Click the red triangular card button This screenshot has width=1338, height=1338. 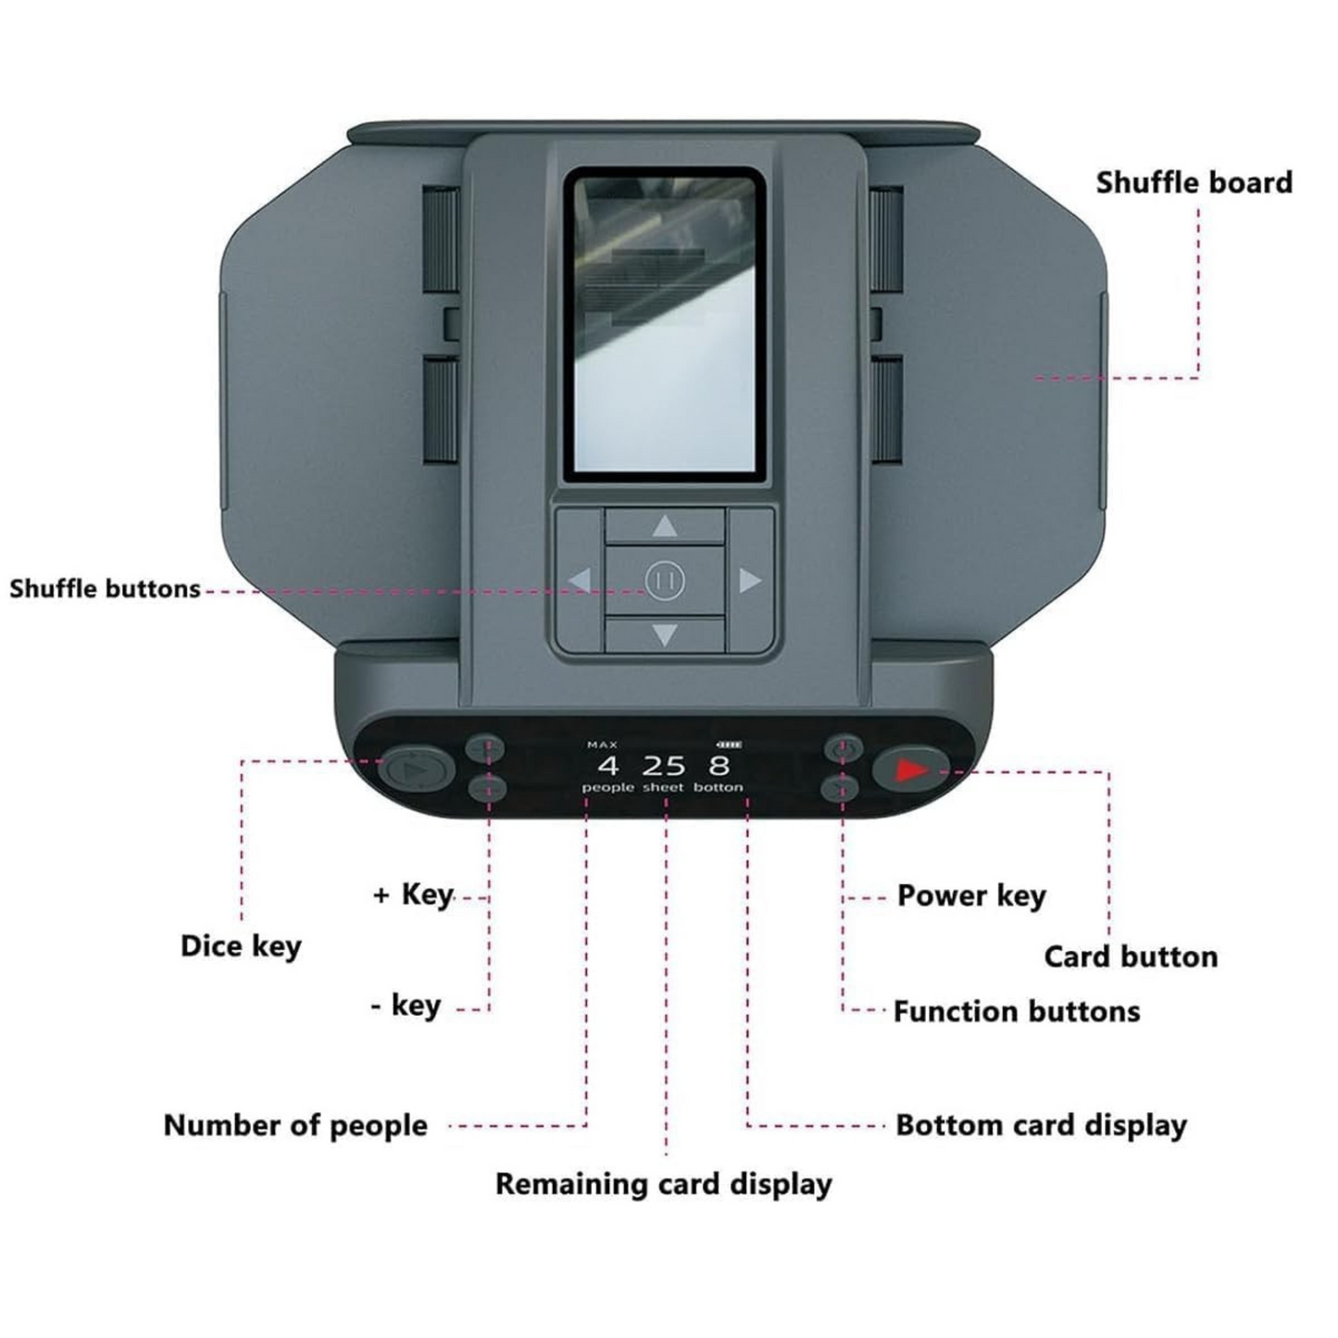tap(911, 769)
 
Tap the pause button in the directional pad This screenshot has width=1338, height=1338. tap(665, 581)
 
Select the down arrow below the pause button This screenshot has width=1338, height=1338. tap(665, 635)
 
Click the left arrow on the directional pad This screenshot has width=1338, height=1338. tap(580, 581)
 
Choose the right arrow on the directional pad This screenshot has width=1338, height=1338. tap(749, 581)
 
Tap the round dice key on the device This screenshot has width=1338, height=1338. tap(416, 769)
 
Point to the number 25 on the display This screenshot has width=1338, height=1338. tap(664, 766)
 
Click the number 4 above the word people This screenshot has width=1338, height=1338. tap(607, 766)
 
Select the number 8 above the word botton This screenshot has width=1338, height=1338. tap(719, 766)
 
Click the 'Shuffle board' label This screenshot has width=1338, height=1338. tap(1194, 182)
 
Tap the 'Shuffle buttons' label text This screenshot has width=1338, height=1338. tap(105, 589)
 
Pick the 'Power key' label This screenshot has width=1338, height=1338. tap(971, 895)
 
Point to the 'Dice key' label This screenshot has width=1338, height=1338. tap(241, 945)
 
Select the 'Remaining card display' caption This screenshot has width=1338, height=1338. tap(663, 1183)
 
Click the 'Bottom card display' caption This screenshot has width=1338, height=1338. tap(1041, 1125)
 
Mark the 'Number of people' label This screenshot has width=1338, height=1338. tap(295, 1125)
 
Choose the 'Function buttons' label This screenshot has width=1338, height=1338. tap(1016, 1011)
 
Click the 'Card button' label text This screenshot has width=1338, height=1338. tap(1131, 957)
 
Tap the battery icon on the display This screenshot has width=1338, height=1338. tap(729, 744)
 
